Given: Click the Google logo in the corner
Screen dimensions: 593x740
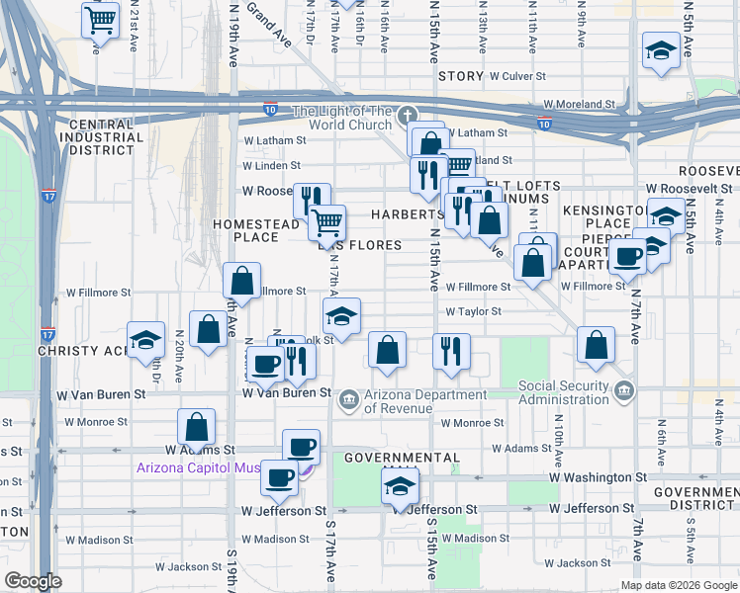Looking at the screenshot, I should tap(33, 581).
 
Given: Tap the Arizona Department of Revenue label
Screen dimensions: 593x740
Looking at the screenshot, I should tap(412, 399).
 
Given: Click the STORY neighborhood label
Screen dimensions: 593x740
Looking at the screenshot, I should tap(460, 76).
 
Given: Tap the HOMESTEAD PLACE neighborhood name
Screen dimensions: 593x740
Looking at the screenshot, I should tap(256, 230).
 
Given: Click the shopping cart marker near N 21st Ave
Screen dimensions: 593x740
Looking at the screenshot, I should tap(100, 20).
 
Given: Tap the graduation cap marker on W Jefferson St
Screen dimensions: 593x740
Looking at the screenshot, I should tap(400, 485).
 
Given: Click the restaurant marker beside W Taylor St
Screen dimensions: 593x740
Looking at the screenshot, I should tap(451, 352).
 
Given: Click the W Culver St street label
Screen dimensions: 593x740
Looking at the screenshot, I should tap(512, 76).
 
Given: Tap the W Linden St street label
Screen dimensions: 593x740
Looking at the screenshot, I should tap(271, 166).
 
